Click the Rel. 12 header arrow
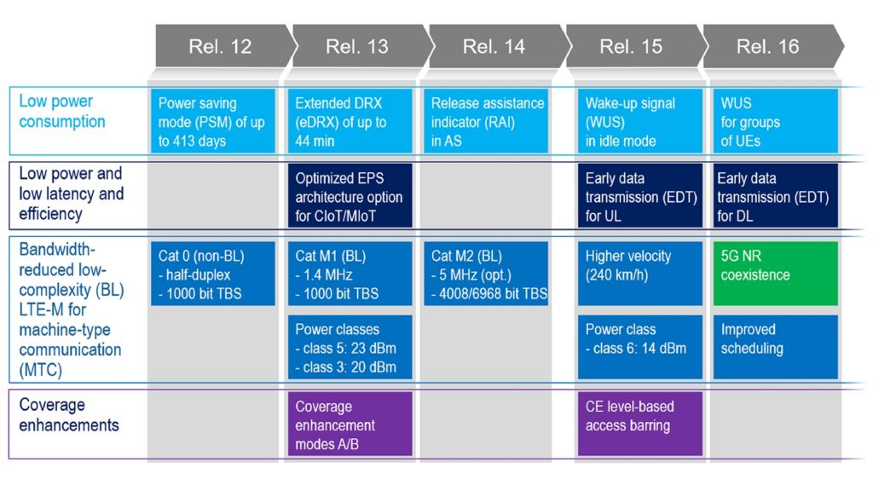(x=220, y=46)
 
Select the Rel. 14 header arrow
(x=494, y=46)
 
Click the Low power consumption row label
(x=62, y=112)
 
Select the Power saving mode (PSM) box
(x=212, y=121)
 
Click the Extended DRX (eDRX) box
(x=350, y=121)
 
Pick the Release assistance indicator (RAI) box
(x=487, y=121)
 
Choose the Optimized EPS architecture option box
(x=350, y=197)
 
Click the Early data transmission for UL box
(x=640, y=197)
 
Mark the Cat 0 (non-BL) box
(x=212, y=273)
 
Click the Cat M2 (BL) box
(x=487, y=273)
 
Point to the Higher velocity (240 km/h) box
(x=640, y=273)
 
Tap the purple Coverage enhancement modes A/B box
(x=350, y=424)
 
